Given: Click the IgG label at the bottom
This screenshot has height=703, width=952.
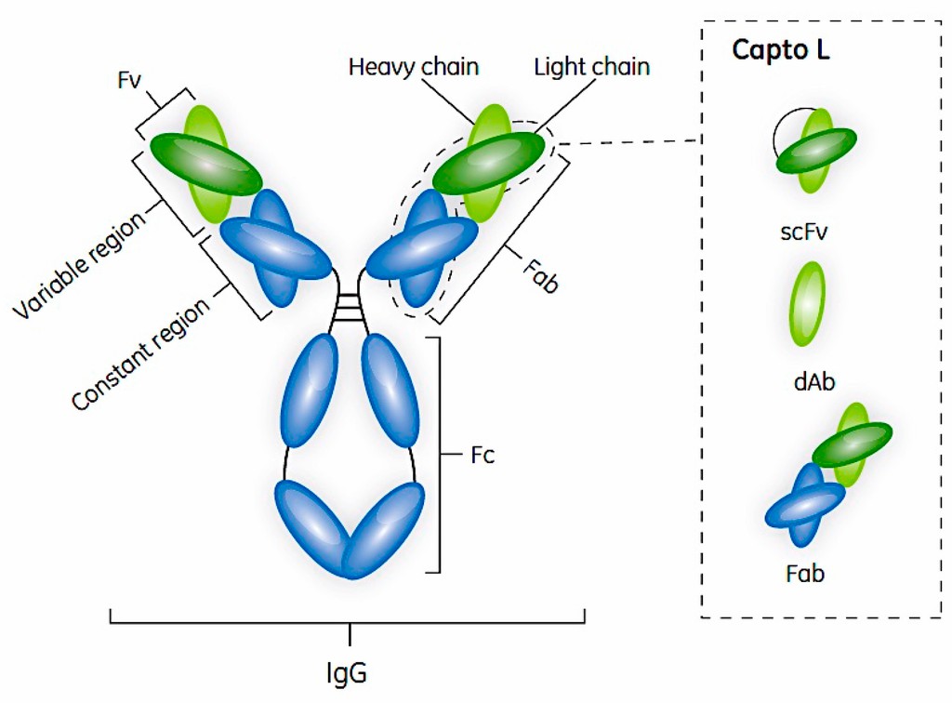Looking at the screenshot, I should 349,670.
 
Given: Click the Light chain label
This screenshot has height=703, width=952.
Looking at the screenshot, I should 592,67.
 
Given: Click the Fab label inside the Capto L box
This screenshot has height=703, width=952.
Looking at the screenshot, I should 804,574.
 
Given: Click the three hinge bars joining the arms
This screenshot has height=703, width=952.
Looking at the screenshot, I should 350,308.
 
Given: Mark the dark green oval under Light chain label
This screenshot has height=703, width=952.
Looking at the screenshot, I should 489,162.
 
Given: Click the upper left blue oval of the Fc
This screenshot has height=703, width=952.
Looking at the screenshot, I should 307,391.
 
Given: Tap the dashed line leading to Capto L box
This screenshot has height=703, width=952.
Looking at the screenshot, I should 632,142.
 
